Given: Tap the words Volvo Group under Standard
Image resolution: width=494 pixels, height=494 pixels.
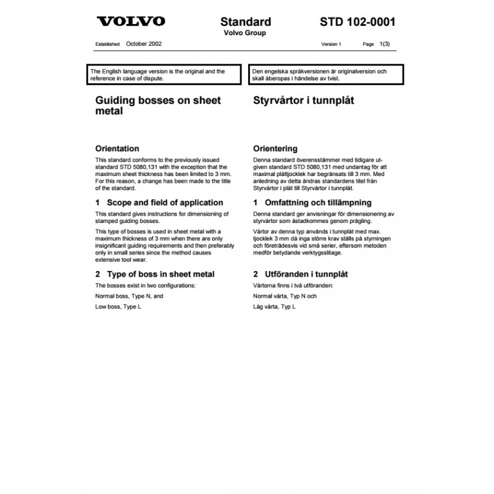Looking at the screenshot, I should (x=245, y=33).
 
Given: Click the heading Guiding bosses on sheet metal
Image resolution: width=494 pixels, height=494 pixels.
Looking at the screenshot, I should (x=158, y=105).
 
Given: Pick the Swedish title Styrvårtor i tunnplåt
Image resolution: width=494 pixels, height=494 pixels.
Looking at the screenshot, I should (x=303, y=99).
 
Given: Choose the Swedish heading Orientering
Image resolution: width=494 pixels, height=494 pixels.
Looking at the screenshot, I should (x=275, y=149).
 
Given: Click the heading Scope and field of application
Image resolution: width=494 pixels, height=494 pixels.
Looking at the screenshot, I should (x=159, y=203).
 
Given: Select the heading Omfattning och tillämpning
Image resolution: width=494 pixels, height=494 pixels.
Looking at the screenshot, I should (x=312, y=203).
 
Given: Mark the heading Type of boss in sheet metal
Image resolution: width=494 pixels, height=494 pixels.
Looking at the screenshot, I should (x=155, y=274).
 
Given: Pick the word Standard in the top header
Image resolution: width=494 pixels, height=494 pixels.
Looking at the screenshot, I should (x=245, y=22).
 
